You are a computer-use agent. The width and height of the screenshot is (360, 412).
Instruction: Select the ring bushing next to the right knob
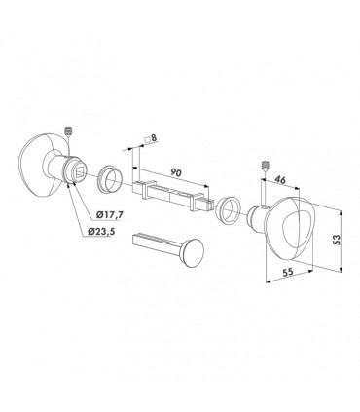pyautogui.click(x=230, y=208)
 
